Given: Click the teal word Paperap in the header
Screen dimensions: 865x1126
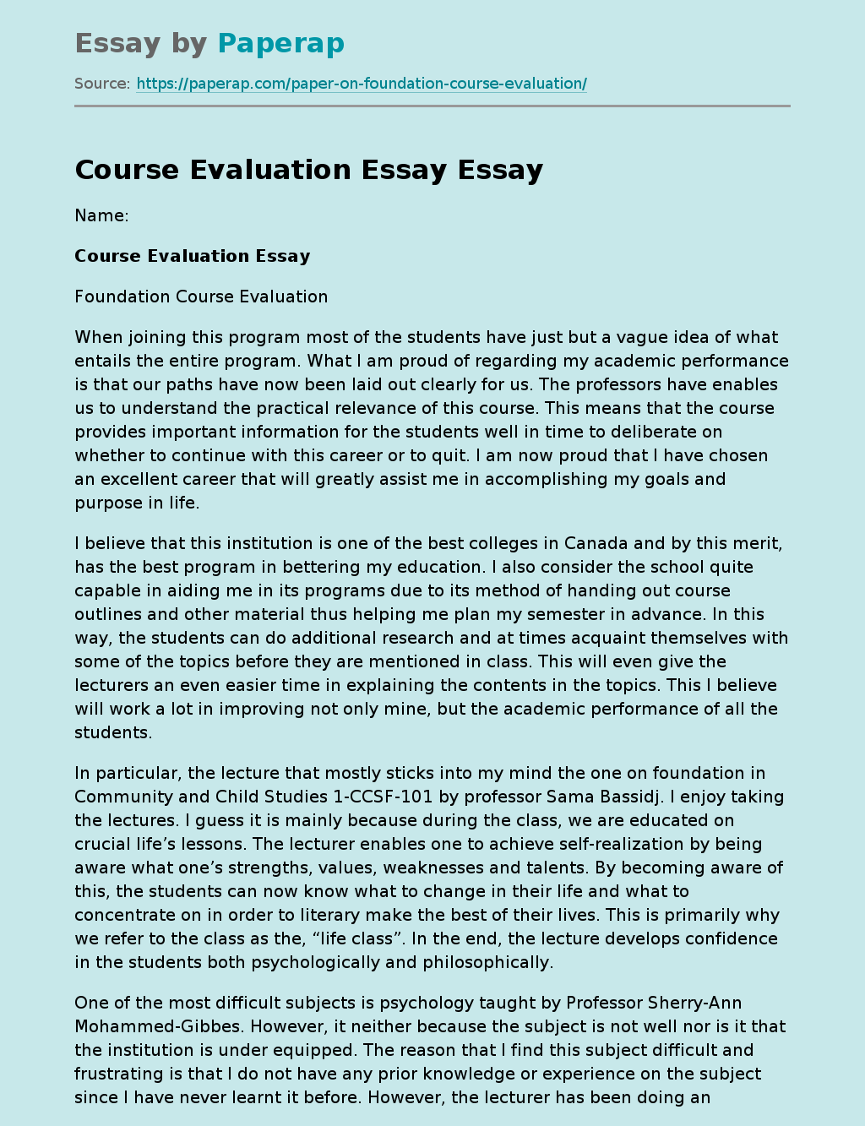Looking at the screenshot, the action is coord(280,43).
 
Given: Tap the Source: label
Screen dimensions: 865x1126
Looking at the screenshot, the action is coord(102,84).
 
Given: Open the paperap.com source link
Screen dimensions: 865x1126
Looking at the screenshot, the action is coord(362,84).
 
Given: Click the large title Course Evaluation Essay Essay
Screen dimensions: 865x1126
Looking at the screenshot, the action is coord(308,170).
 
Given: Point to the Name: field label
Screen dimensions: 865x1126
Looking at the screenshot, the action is coord(101,215).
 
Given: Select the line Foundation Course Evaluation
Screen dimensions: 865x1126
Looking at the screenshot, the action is coord(201,296).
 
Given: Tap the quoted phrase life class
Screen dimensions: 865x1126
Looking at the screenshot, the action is coord(349,938).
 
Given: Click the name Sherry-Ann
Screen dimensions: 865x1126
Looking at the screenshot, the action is coord(694,1003).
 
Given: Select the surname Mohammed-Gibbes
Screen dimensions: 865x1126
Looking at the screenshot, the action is coord(157,1026).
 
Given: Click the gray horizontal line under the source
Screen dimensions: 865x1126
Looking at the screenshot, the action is coord(432,106).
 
